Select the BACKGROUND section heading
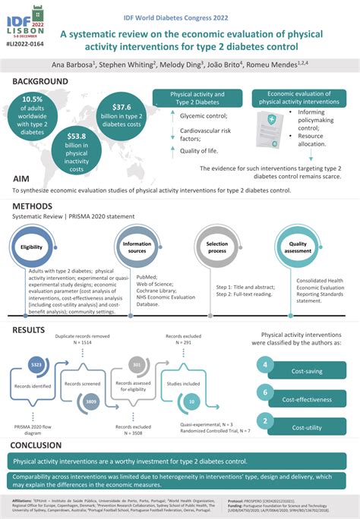click(x=40, y=81)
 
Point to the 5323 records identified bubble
click(x=36, y=364)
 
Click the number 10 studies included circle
click(x=192, y=400)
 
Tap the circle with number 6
click(x=264, y=392)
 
